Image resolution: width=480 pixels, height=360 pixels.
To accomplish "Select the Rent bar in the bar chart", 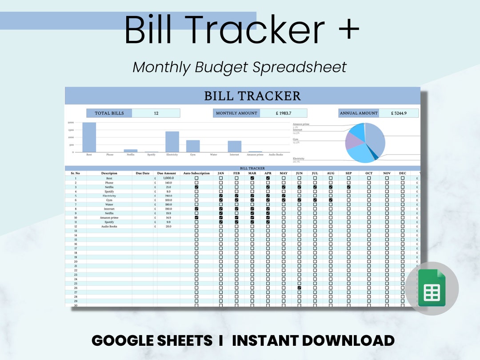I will pyautogui.click(x=89, y=137).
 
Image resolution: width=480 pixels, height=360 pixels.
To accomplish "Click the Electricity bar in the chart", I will pyautogui.click(x=172, y=142).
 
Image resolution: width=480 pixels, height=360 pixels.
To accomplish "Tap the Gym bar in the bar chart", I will pyautogui.click(x=193, y=146).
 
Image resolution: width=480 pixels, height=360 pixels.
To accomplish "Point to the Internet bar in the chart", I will pyautogui.click(x=235, y=147).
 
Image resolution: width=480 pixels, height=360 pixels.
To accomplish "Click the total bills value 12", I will pyautogui.click(x=156, y=113).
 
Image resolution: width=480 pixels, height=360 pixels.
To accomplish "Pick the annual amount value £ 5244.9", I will pyautogui.click(x=399, y=113).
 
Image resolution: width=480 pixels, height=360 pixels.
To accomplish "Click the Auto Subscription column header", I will pyautogui.click(x=196, y=173).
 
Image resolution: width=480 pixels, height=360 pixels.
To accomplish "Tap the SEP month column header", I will pyautogui.click(x=348, y=173).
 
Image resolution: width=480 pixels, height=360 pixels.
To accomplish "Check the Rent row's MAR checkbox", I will pyautogui.click(x=252, y=178).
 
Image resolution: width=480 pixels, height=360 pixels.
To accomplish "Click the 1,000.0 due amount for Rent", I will pyautogui.click(x=168, y=178).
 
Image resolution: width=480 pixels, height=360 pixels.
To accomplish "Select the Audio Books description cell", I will pyautogui.click(x=109, y=226).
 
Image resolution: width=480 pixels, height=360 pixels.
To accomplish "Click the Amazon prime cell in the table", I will pyautogui.click(x=109, y=218).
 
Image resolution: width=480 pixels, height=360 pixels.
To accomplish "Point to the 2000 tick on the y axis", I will pyautogui.click(x=71, y=122).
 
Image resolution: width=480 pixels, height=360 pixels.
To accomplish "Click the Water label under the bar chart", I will pyautogui.click(x=214, y=155).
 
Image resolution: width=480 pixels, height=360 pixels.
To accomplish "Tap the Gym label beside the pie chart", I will pyautogui.click(x=296, y=140).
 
